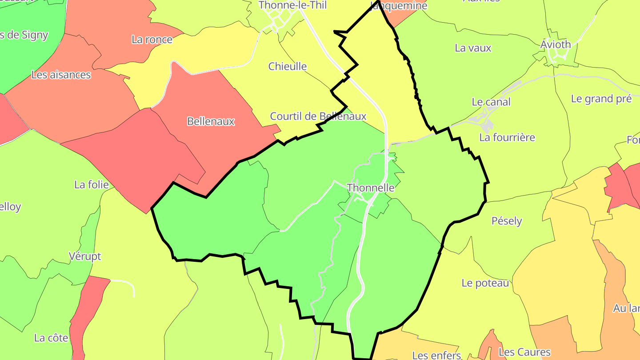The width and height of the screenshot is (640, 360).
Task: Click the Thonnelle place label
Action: point(370,188)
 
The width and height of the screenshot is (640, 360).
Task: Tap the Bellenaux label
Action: point(211,121)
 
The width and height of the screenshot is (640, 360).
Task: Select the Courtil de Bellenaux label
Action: point(318,116)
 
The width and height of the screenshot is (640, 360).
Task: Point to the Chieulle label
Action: point(288,66)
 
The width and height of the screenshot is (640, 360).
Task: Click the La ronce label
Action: point(152,40)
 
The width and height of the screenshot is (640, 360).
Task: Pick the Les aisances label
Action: point(61,75)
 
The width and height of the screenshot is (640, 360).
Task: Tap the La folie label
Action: point(92,184)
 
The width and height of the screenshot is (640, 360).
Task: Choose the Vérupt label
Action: point(85,256)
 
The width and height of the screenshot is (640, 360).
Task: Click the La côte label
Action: point(51,338)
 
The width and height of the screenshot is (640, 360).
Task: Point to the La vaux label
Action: point(473,48)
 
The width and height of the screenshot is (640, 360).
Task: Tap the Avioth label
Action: point(556,44)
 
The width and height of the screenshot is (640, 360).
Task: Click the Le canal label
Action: point(491,102)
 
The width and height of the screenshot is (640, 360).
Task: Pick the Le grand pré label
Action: point(601,99)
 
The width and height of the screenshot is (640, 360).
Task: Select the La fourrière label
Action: point(507,137)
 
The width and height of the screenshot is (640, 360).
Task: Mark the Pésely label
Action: point(507,221)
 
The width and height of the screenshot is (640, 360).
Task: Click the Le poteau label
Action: point(485,283)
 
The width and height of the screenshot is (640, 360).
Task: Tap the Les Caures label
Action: point(524,352)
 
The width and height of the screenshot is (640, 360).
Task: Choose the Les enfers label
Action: point(436,355)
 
